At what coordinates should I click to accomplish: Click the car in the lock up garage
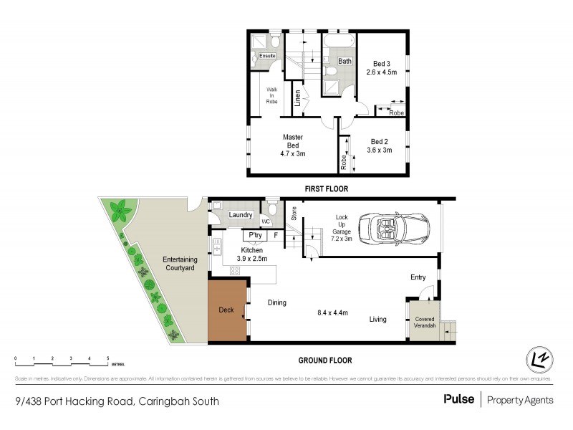click(391, 227)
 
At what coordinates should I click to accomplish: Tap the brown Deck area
click(226, 310)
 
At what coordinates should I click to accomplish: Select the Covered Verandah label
click(422, 320)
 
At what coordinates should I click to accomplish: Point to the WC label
click(265, 221)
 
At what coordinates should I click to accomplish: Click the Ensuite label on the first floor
click(267, 55)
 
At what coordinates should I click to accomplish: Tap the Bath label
click(345, 62)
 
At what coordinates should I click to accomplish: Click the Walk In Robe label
click(272, 95)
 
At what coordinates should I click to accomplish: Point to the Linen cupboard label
click(297, 98)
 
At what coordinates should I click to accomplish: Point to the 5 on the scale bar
click(107, 358)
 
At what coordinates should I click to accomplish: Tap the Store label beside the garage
click(293, 213)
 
